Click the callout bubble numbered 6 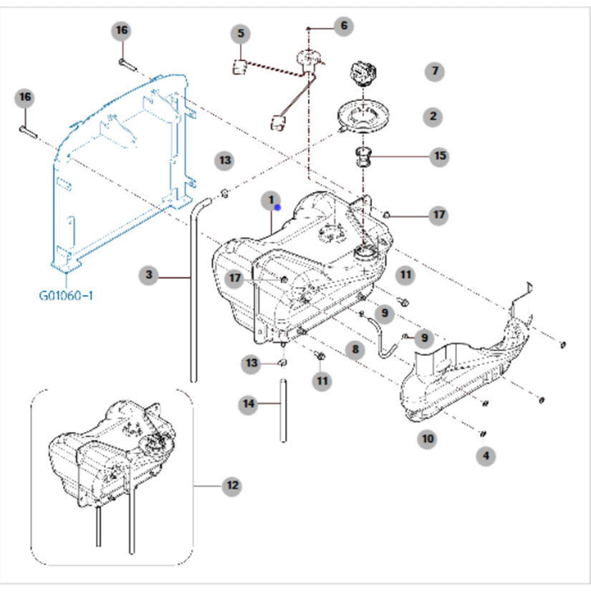[x=344, y=26]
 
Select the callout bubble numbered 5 [x=241, y=34]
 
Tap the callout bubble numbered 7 [x=435, y=71]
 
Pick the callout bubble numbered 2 [x=433, y=117]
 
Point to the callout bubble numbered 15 [x=440, y=155]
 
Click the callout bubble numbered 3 [x=149, y=275]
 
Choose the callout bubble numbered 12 [x=232, y=486]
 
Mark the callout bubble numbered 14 [x=249, y=404]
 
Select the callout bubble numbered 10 [x=428, y=438]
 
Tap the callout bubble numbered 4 [x=486, y=456]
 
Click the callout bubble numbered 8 [x=355, y=350]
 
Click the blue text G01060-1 [x=66, y=295]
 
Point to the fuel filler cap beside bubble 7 [x=364, y=74]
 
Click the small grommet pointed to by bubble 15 [x=363, y=157]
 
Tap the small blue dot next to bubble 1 [x=278, y=207]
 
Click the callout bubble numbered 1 [x=271, y=201]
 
